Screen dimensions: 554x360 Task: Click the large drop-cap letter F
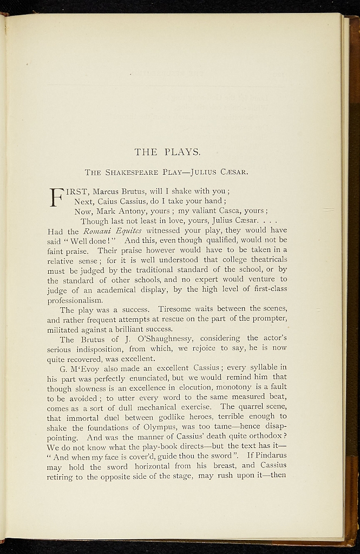(x=57, y=197)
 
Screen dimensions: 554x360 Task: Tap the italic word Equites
(x=127, y=230)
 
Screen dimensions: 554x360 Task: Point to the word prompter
(x=267, y=319)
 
